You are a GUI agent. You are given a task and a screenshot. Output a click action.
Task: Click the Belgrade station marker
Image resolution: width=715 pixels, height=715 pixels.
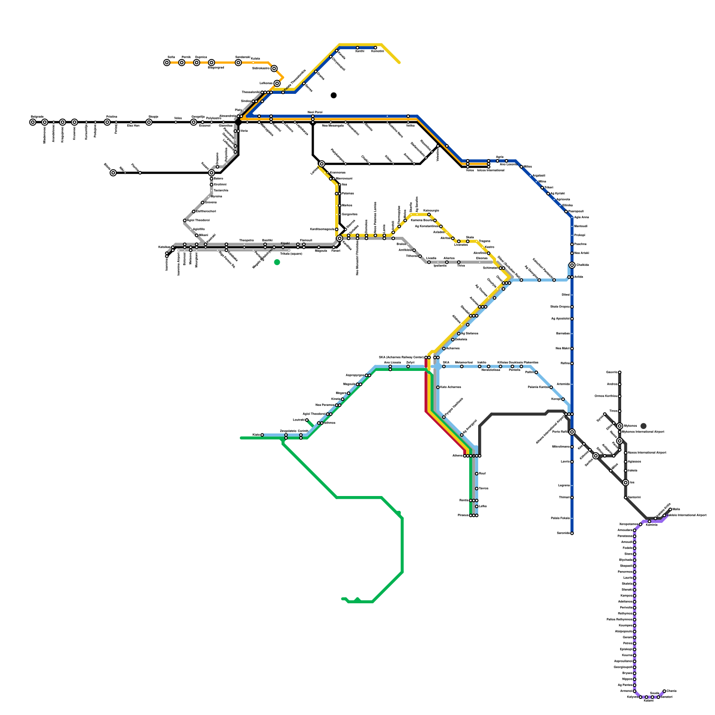pyautogui.click(x=33, y=122)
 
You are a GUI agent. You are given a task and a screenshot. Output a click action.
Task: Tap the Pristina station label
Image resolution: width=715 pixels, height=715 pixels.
pyautogui.click(x=111, y=117)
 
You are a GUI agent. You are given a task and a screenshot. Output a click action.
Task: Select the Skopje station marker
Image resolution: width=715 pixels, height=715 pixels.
pyautogui.click(x=149, y=122)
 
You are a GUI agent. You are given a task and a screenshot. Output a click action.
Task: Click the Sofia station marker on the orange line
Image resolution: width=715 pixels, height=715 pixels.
pyautogui.click(x=167, y=63)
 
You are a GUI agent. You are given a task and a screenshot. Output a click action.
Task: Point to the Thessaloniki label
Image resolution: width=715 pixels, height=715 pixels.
pyautogui.click(x=250, y=92)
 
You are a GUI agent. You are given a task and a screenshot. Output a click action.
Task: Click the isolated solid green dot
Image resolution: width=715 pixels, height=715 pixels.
pyautogui.click(x=277, y=262)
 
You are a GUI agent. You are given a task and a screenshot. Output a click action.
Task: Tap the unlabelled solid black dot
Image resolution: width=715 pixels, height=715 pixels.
pyautogui.click(x=333, y=95)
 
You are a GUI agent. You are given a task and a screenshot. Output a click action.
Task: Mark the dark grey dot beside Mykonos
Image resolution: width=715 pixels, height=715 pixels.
pyautogui.click(x=643, y=426)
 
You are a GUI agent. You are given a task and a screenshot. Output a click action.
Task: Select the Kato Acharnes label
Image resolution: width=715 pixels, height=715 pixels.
pyautogui.click(x=450, y=387)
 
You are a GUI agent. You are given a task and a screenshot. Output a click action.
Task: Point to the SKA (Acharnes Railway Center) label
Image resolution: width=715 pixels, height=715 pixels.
pyautogui.click(x=401, y=357)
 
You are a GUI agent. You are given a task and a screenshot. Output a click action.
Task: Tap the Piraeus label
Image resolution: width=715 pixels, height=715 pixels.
pyautogui.click(x=463, y=516)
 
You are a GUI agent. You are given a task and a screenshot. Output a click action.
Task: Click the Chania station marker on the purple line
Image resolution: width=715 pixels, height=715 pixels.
pyautogui.click(x=665, y=691)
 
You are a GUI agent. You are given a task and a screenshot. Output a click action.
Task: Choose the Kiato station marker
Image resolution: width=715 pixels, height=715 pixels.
pyautogui.click(x=262, y=435)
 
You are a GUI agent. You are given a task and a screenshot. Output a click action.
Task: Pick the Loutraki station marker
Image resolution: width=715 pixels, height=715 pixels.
pyautogui.click(x=307, y=421)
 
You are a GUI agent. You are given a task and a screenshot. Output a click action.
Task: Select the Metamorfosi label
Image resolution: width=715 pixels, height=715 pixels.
pyautogui.click(x=463, y=362)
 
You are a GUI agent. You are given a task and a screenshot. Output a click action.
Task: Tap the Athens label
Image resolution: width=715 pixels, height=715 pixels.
pyautogui.click(x=457, y=456)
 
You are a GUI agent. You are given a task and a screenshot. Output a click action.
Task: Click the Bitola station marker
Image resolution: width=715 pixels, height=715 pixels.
pyautogui.click(x=113, y=173)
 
